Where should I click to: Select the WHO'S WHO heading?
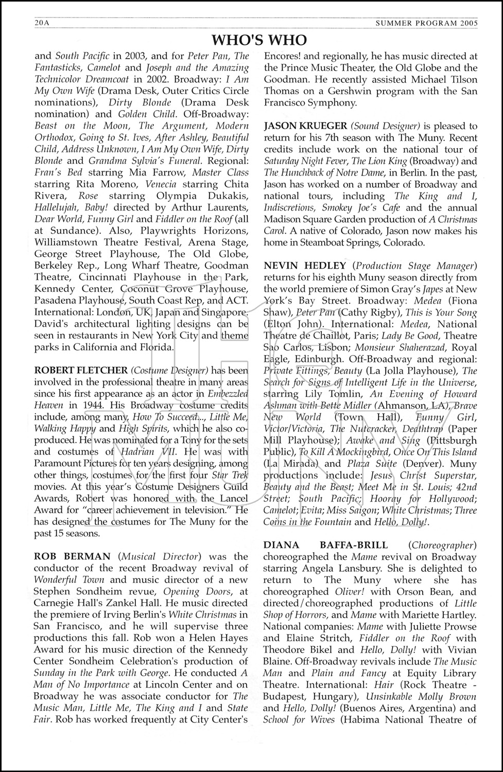point(259,40)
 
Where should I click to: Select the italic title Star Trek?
point(231,475)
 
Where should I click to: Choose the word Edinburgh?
point(312,359)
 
